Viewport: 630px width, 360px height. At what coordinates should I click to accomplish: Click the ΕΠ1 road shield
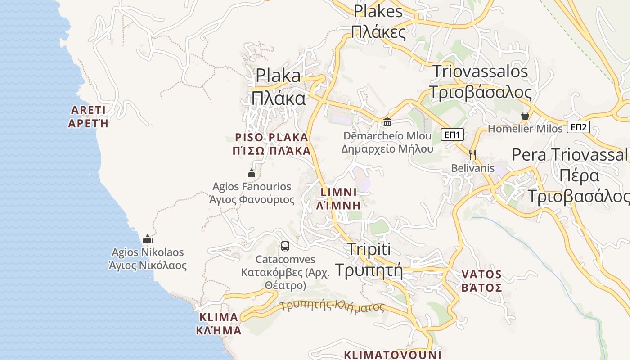452,135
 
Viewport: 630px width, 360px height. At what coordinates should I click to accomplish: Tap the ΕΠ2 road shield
578,127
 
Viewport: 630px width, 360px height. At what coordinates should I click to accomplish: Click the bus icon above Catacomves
285,246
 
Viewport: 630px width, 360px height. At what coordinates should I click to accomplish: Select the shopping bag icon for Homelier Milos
525,116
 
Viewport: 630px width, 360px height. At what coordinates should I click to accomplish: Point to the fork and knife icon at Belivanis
472,155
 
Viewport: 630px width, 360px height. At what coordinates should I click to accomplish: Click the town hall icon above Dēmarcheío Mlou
387,122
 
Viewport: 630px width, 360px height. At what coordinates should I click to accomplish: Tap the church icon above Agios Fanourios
251,173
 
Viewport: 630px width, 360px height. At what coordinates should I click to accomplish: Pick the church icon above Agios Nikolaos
148,239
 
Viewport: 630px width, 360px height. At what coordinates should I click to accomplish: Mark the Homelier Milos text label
525,129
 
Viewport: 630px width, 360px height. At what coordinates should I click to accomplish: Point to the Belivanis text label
473,168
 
